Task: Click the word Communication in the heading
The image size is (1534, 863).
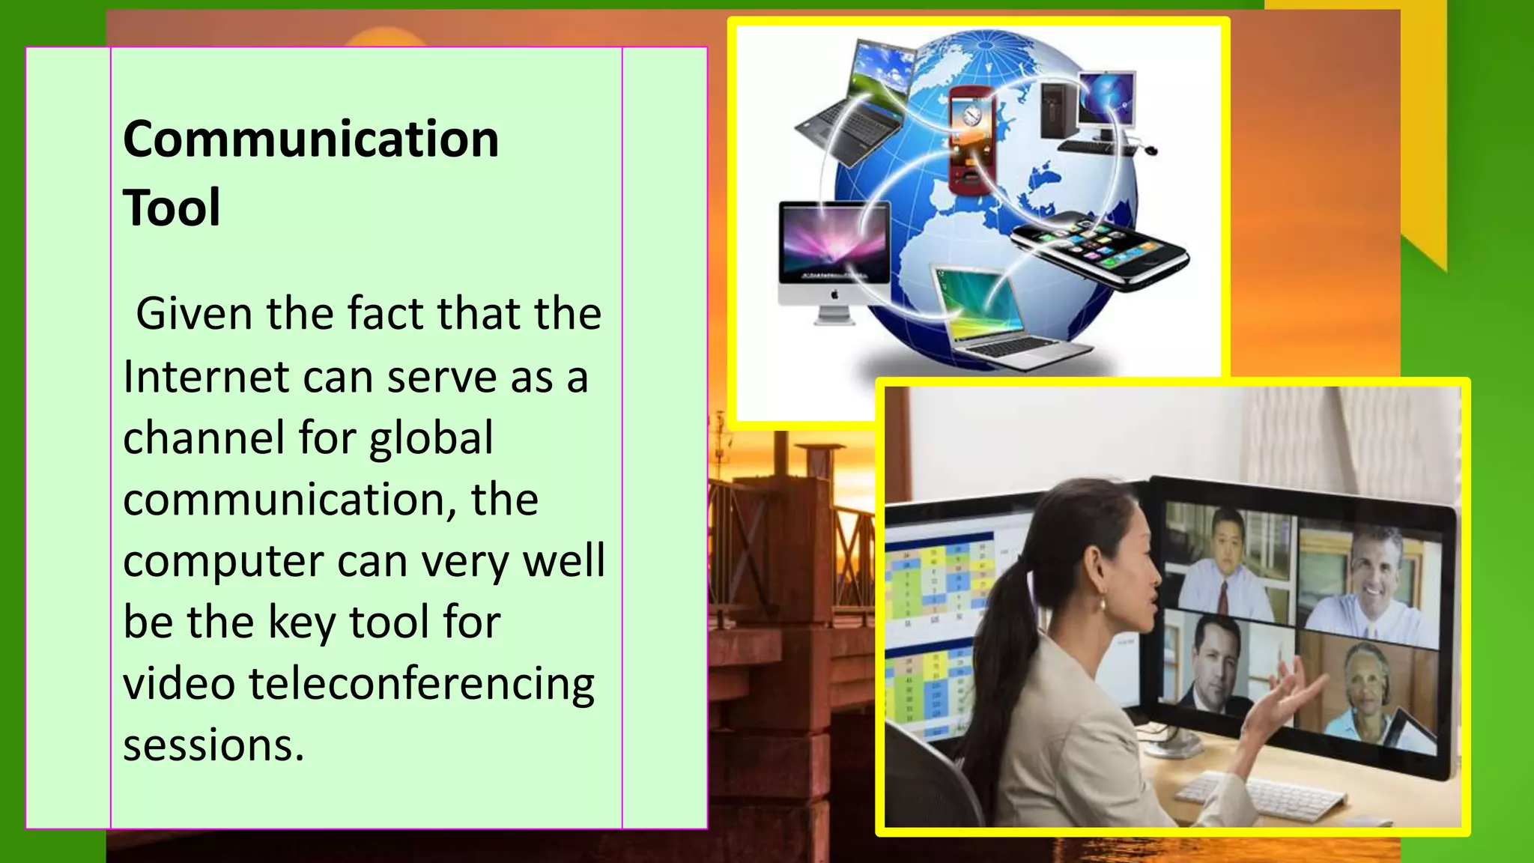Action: (x=311, y=139)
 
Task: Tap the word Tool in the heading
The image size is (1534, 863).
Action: (x=172, y=208)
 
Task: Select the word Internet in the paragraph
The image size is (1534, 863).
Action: (x=205, y=376)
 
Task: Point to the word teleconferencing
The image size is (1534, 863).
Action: (x=422, y=684)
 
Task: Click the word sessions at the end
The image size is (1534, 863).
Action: (x=213, y=745)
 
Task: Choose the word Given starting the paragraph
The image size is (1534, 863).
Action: (x=194, y=313)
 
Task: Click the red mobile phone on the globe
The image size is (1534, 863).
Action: (x=971, y=139)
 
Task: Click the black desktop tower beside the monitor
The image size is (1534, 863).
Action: (x=1057, y=109)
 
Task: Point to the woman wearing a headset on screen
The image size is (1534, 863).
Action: (x=1368, y=689)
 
